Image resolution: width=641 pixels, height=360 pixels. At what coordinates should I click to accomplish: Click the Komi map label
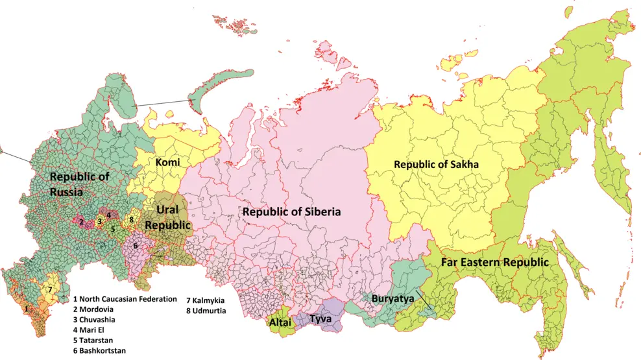coord(167,162)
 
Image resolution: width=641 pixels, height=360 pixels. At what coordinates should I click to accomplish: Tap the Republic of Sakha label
coord(436,165)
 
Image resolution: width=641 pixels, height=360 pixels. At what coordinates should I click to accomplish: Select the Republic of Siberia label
coord(291,211)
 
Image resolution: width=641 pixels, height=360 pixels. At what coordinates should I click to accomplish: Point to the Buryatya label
coord(392,298)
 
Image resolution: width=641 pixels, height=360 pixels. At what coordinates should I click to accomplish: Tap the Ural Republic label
coord(168,218)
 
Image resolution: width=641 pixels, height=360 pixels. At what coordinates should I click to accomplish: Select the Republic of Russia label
coord(80,184)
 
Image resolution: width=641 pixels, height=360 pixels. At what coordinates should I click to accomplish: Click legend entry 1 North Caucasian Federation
coord(125,299)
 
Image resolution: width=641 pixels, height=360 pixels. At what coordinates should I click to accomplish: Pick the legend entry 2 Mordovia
coord(98,309)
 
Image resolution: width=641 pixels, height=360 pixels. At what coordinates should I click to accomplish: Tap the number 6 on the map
coord(135,246)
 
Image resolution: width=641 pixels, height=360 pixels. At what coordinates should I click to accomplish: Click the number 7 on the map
coord(50,289)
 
